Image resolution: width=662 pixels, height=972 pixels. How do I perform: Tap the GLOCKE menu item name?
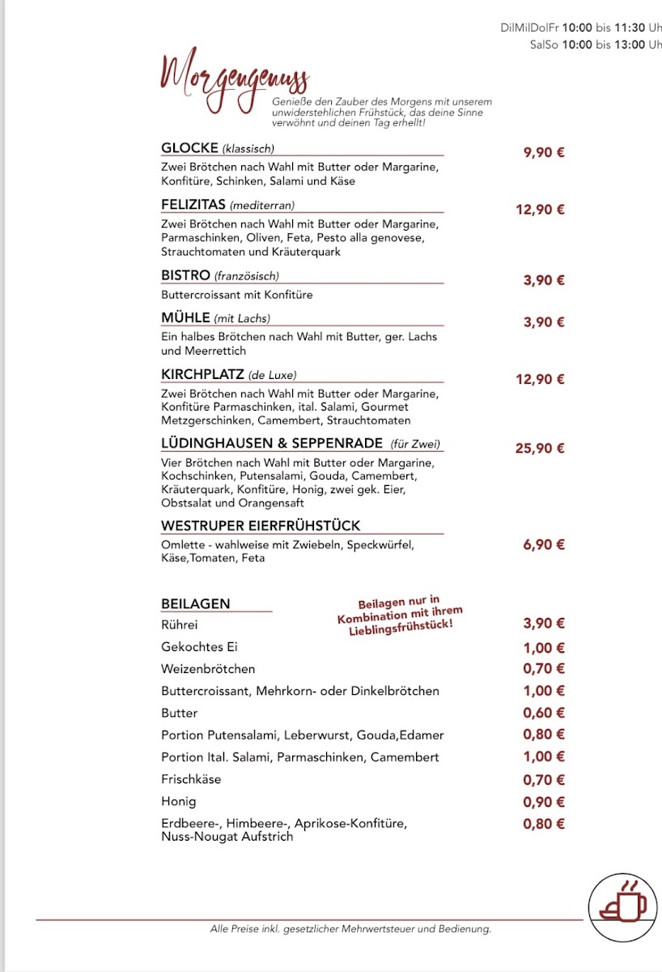tap(190, 147)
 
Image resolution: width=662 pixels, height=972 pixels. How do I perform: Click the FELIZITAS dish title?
tap(193, 204)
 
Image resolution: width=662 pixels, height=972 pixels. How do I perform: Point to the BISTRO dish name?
tap(185, 275)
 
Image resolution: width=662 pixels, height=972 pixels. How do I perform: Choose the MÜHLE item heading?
tap(186, 318)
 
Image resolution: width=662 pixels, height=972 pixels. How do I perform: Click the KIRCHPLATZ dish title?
tap(203, 374)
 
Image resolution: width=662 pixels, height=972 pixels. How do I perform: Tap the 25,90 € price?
tap(540, 448)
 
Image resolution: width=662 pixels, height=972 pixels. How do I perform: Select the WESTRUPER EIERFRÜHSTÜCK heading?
tap(261, 526)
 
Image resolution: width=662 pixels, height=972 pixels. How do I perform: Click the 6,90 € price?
tap(543, 544)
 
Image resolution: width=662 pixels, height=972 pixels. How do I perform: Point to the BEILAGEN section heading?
tap(196, 603)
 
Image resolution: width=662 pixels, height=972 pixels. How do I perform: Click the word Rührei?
tap(180, 625)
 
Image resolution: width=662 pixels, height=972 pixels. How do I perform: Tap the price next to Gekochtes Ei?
tap(543, 648)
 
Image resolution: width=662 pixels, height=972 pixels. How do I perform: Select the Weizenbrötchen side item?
tap(208, 669)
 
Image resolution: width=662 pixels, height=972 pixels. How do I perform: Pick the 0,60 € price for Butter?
tap(543, 713)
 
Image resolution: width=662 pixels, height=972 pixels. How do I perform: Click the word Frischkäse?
tap(191, 779)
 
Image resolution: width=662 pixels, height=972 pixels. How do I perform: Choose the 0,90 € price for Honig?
tap(543, 802)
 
